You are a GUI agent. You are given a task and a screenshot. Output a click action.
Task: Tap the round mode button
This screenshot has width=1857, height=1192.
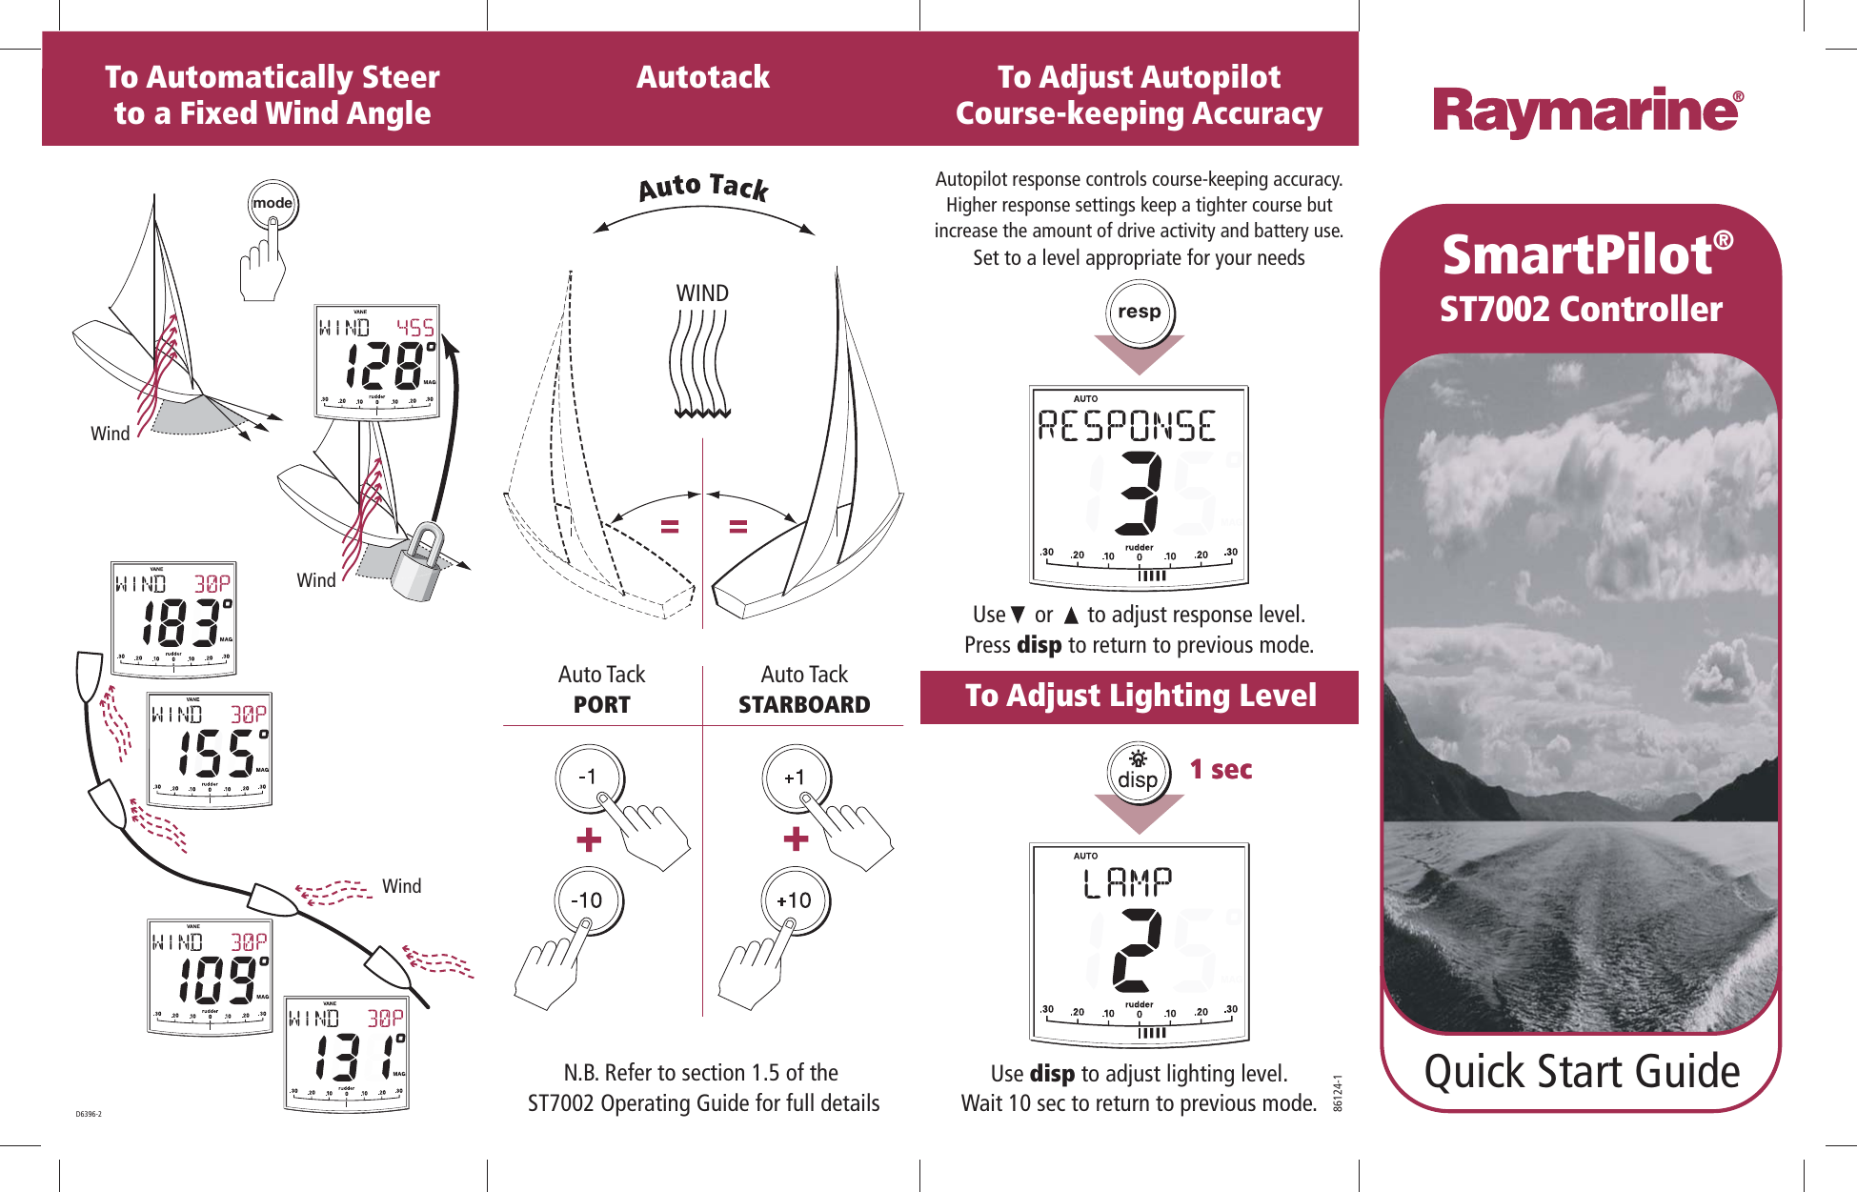click(272, 203)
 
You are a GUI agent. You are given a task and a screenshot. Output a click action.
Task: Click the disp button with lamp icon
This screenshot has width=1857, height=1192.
click(1138, 772)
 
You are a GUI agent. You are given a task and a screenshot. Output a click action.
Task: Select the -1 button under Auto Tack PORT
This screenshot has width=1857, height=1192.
click(589, 778)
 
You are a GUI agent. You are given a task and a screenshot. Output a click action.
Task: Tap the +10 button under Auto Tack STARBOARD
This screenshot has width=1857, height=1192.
click(794, 900)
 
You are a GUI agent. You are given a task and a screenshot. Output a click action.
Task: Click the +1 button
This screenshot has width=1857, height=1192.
click(795, 778)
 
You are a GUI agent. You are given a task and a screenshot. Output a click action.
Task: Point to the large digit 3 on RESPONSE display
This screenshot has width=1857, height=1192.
click(1140, 492)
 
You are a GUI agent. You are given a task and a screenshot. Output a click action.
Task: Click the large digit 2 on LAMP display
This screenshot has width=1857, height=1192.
click(1137, 949)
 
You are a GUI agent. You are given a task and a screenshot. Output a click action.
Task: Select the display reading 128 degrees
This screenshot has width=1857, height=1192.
click(377, 362)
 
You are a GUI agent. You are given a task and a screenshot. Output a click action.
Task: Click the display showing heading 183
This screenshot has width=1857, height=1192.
click(173, 619)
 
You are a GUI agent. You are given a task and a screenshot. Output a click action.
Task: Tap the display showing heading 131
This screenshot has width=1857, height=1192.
click(347, 1054)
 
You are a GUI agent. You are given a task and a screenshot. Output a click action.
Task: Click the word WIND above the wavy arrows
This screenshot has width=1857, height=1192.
click(702, 293)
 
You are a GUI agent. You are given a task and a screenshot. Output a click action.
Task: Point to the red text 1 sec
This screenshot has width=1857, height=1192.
click(1221, 769)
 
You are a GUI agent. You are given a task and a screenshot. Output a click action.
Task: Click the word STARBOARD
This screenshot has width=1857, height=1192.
click(804, 704)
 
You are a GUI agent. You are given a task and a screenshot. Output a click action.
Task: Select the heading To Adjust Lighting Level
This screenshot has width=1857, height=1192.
click(1140, 697)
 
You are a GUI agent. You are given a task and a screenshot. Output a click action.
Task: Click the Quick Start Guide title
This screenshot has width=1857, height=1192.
click(1581, 1071)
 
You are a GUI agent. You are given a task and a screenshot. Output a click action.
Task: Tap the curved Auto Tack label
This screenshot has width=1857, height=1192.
click(703, 187)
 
